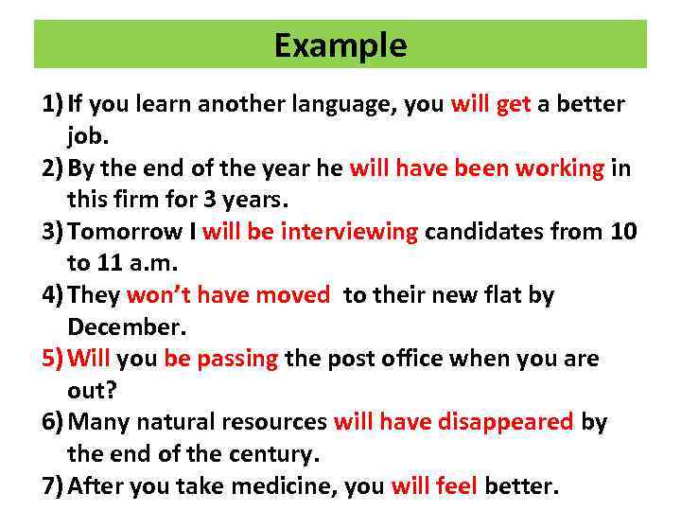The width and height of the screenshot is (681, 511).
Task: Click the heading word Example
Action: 340,45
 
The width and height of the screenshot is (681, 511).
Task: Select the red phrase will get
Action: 491,104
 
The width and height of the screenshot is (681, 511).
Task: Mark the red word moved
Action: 292,295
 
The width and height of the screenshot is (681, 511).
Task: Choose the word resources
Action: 274,422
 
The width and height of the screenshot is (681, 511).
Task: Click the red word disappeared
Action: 505,422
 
